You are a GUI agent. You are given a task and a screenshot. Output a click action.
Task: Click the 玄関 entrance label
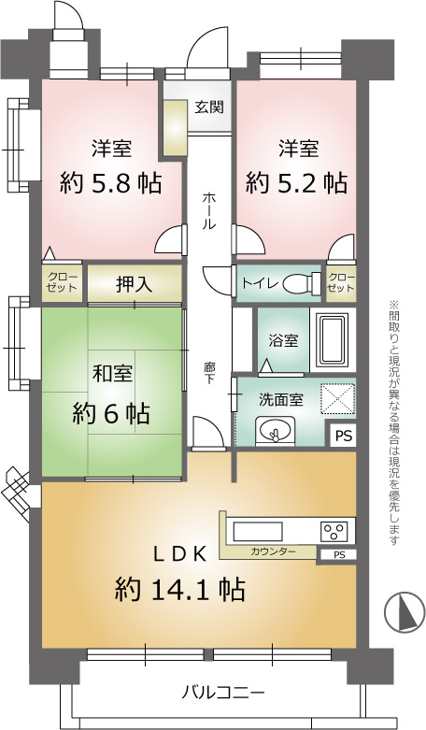pos(209,107)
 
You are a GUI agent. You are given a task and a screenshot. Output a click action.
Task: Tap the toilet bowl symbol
pos(302,282)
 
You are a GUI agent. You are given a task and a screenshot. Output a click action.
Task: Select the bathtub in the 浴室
pos(332,340)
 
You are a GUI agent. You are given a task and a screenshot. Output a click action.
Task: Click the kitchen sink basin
pos(258,531)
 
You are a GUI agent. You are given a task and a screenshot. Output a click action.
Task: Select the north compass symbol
pos(405,611)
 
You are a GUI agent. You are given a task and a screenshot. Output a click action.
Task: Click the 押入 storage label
pos(134,284)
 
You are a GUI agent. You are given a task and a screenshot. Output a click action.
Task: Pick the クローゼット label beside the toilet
pos(341,282)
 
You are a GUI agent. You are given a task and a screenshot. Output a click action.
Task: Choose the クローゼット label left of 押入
pos(63,282)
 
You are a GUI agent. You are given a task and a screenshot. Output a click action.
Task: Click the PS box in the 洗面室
pos(344,437)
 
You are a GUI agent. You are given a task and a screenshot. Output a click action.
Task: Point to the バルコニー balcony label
pos(222,693)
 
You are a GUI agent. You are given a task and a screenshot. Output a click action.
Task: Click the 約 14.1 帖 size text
pos(180,589)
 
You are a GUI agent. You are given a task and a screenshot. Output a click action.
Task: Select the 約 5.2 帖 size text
pos(296,182)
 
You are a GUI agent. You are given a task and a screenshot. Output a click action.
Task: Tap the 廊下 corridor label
pos(209,372)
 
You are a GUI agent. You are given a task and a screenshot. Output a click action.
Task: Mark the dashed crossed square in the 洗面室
pos(336,398)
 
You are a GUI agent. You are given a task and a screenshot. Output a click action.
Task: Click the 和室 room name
pos(111,373)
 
